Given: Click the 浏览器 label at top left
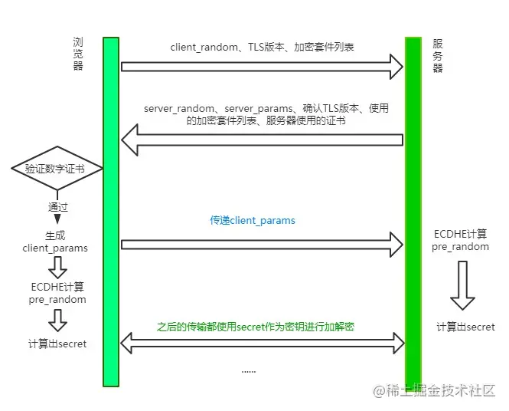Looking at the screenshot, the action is coord(77,54).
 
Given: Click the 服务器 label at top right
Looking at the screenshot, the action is coord(438,55).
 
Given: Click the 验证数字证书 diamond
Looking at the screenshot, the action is coord(57,168).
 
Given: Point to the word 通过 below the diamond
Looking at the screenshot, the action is coord(58,207).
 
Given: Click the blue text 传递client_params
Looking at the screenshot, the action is coord(253,220).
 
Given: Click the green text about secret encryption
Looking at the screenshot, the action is coord(256,327).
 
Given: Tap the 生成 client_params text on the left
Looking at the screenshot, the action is coord(56,242).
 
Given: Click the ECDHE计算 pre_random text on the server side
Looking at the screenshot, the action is coord(460,241).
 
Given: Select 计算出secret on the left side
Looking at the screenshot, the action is coord(57,344).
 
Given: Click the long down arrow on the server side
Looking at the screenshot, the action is coord(462,284).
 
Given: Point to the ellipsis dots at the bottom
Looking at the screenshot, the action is coord(249,370).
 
